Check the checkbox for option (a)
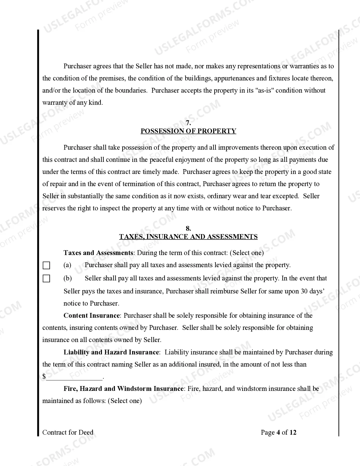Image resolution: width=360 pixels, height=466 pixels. point(46,265)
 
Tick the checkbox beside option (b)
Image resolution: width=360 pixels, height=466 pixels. point(46,279)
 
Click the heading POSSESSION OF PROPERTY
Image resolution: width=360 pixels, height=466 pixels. point(188,131)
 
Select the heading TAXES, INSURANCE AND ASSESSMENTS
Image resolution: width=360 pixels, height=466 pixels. point(188,237)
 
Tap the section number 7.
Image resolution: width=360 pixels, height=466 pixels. point(188,123)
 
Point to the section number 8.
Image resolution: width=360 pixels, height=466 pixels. point(188,228)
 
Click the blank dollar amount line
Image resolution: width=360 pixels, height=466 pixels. point(74,377)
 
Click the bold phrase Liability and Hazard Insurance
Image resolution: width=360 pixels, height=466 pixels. point(111,352)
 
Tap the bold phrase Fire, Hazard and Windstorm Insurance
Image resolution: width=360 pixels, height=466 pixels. point(124,389)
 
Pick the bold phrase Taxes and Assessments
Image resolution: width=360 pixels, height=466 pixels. point(98,253)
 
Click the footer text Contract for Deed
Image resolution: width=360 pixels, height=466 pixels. point(68,432)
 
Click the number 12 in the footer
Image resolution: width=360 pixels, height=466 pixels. point(293,432)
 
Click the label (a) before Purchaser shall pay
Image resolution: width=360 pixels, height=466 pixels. point(67,265)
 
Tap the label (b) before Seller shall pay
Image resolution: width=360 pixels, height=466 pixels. point(67,278)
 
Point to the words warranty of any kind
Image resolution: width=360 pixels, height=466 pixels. point(73,103)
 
